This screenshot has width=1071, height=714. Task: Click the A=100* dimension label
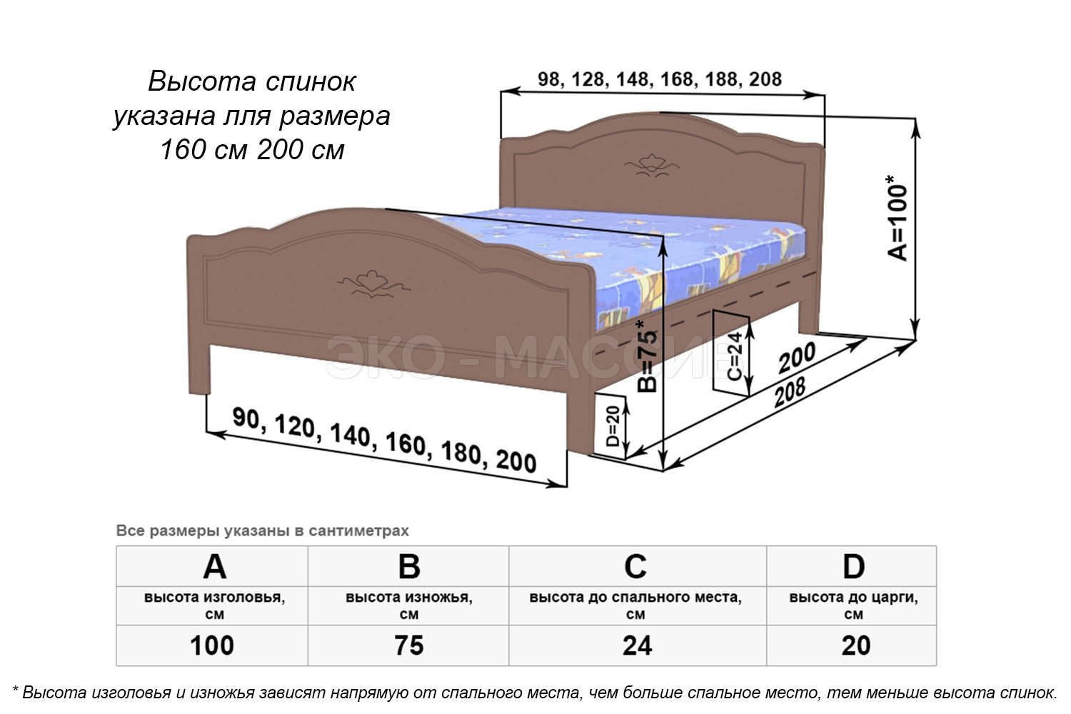pos(897,218)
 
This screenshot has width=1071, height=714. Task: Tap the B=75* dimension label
pos(648,356)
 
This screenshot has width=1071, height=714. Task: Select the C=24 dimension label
pos(735,356)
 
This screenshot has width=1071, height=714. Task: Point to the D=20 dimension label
pos(612,426)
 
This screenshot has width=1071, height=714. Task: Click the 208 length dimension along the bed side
pos(790,392)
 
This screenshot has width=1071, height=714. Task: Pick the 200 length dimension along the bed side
pos(797,358)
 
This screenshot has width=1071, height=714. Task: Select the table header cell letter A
pos(213,567)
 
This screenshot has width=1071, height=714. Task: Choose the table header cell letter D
pos(853,567)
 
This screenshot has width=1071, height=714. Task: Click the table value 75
pos(409,645)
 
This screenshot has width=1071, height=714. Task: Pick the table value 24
pos(637,645)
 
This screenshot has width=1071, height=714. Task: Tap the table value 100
pos(212,645)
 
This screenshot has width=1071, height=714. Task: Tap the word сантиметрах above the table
pos(359,531)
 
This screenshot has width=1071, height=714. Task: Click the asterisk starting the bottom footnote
pos(15,690)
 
